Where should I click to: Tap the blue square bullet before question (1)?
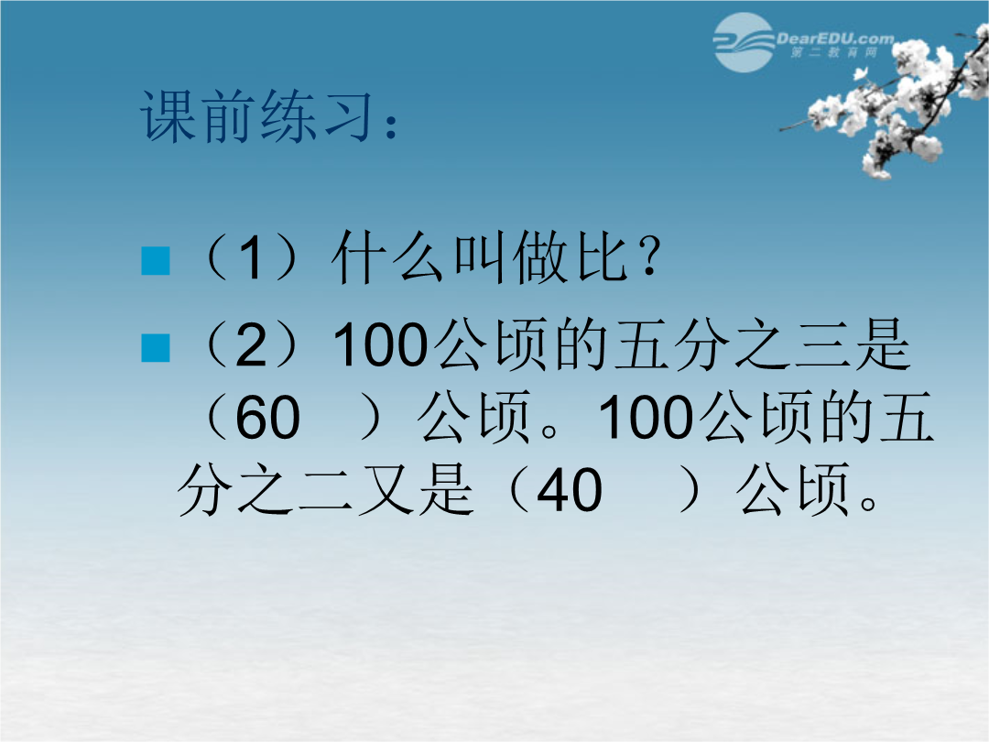click(x=156, y=260)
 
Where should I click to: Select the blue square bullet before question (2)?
click(x=156, y=347)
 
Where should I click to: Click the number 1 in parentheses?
click(x=250, y=258)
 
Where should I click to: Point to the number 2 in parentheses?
click(x=252, y=345)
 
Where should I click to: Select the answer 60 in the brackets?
click(x=267, y=418)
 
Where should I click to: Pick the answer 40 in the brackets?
click(x=570, y=490)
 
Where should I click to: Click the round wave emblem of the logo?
click(x=744, y=42)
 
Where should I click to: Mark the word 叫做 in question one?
click(x=509, y=256)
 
